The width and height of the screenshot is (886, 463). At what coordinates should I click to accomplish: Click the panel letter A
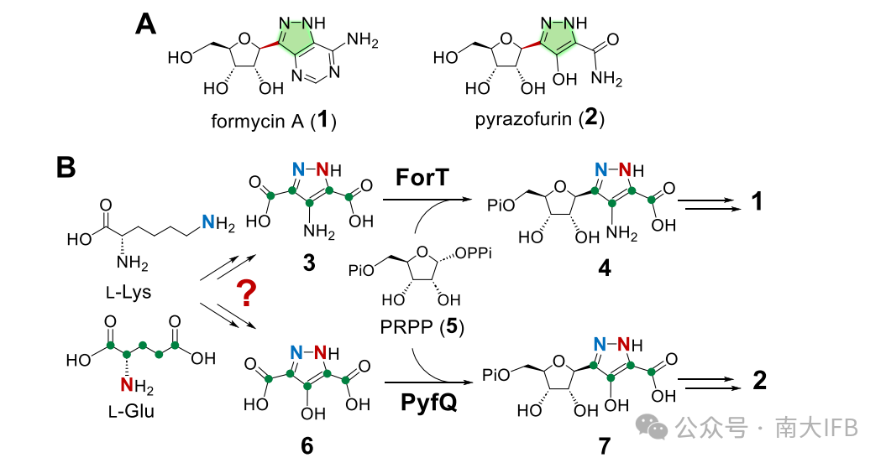146,23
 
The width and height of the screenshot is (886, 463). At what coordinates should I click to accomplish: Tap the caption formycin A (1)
274,121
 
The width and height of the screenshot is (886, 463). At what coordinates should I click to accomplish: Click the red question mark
246,294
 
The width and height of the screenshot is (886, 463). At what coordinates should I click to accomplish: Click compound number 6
307,445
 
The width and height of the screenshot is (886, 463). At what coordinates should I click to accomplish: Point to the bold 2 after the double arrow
759,381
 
